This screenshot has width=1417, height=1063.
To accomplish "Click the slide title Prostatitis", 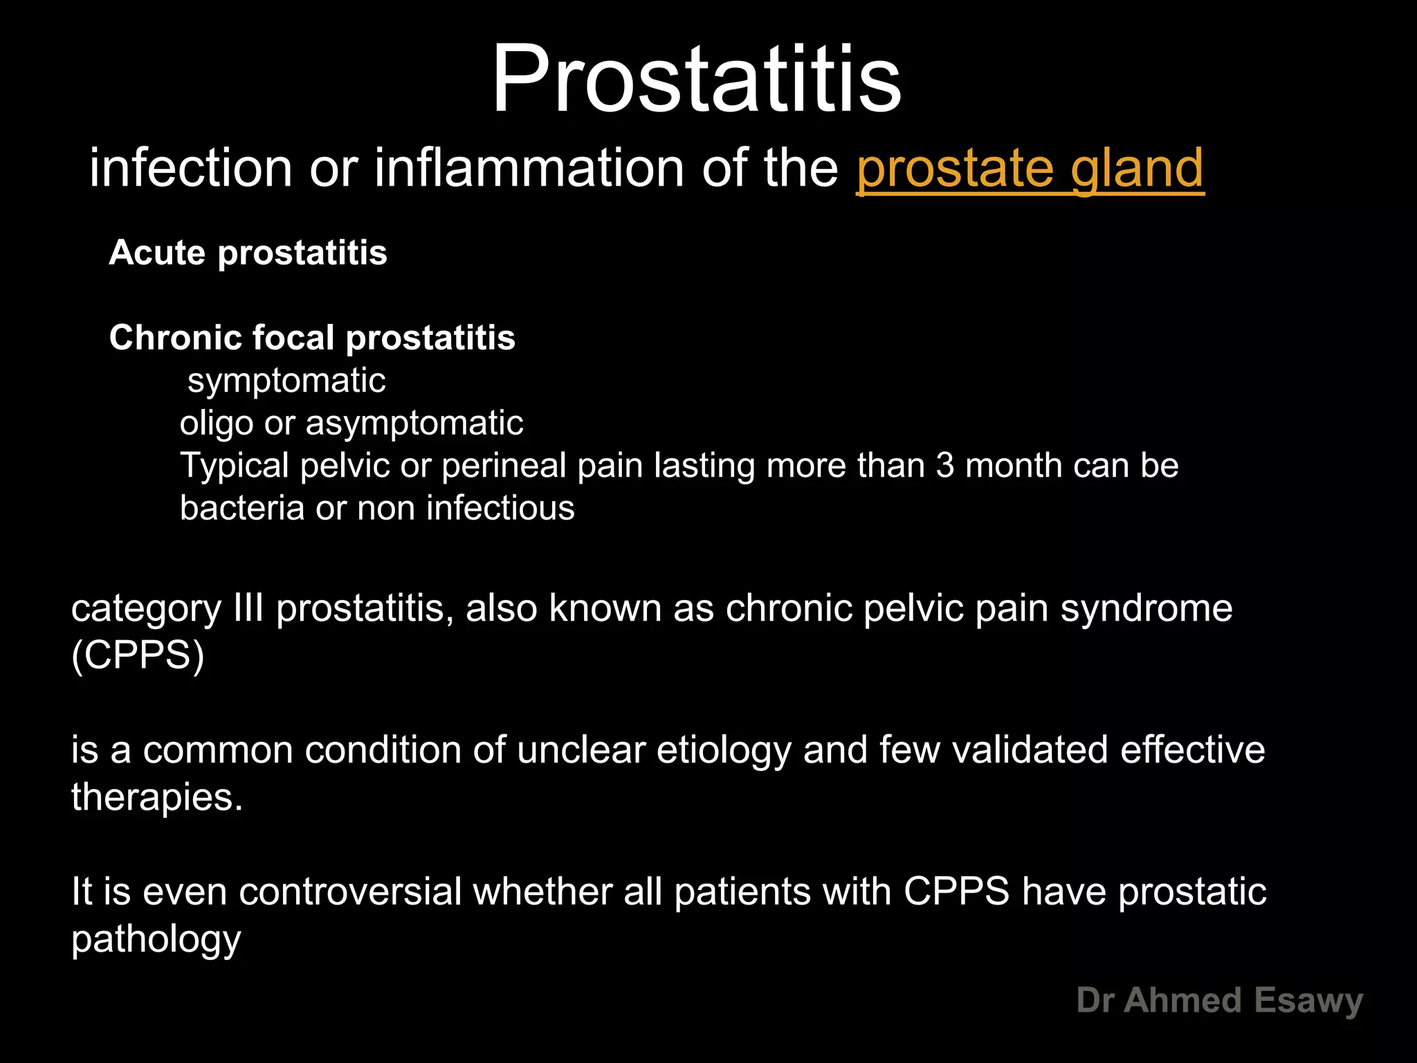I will click(696, 79).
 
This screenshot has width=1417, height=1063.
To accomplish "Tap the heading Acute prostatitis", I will click(248, 253).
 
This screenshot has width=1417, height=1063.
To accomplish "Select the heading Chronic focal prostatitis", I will click(312, 338).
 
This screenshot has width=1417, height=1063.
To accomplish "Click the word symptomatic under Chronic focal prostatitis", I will click(286, 381).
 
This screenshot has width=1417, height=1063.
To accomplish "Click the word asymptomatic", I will click(414, 424).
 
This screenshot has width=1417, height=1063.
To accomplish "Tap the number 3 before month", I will click(945, 466).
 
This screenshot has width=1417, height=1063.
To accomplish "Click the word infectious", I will click(500, 509).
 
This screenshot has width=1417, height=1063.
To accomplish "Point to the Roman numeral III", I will click(249, 608).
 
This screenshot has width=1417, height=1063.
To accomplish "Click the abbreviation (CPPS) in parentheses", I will click(138, 655).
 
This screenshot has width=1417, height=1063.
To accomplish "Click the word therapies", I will click(156, 797).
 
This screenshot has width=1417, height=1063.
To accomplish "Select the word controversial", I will click(350, 891).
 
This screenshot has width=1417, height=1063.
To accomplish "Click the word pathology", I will click(156, 940).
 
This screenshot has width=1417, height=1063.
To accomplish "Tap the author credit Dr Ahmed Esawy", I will click(1219, 1001).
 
